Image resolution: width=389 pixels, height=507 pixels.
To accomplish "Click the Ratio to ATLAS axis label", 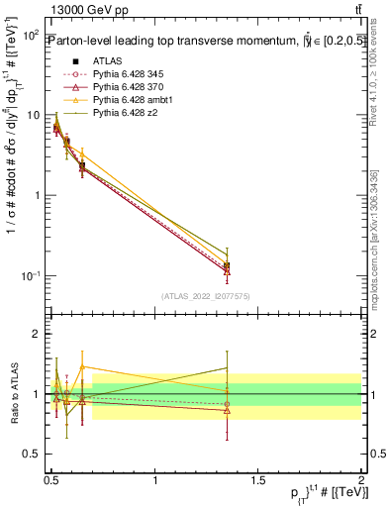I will point(14,393).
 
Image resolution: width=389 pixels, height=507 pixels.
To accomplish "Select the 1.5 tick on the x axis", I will point(258,479).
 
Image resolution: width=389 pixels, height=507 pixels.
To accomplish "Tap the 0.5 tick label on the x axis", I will point(52,479).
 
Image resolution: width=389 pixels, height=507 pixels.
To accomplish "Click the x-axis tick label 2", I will point(361,479).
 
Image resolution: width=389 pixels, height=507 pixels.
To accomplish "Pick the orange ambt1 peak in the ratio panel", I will point(82,366).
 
